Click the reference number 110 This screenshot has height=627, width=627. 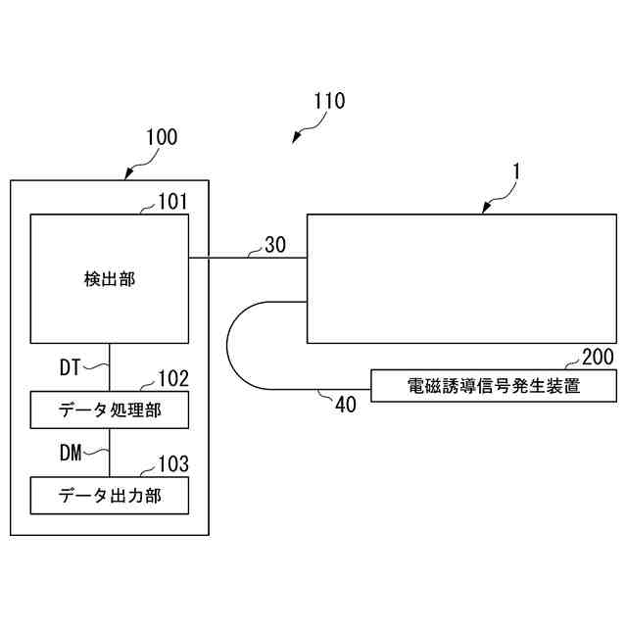(x=328, y=101)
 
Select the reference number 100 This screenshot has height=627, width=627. (x=162, y=137)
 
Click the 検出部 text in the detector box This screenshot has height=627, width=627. (x=110, y=279)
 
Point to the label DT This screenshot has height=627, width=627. (x=70, y=367)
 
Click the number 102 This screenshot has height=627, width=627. (x=173, y=378)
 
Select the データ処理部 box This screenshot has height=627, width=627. (x=110, y=410)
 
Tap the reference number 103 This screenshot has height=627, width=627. (x=173, y=463)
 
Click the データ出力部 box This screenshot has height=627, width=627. (x=110, y=495)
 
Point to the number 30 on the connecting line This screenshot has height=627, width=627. (x=275, y=245)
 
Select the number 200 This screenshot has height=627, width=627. (x=598, y=357)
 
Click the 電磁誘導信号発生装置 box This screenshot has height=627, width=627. (x=494, y=386)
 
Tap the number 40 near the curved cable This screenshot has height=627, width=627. (x=346, y=405)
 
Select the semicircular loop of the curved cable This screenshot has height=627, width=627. (x=228, y=344)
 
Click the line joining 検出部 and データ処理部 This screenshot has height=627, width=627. (x=110, y=366)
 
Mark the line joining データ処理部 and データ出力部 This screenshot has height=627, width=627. (x=110, y=452)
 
